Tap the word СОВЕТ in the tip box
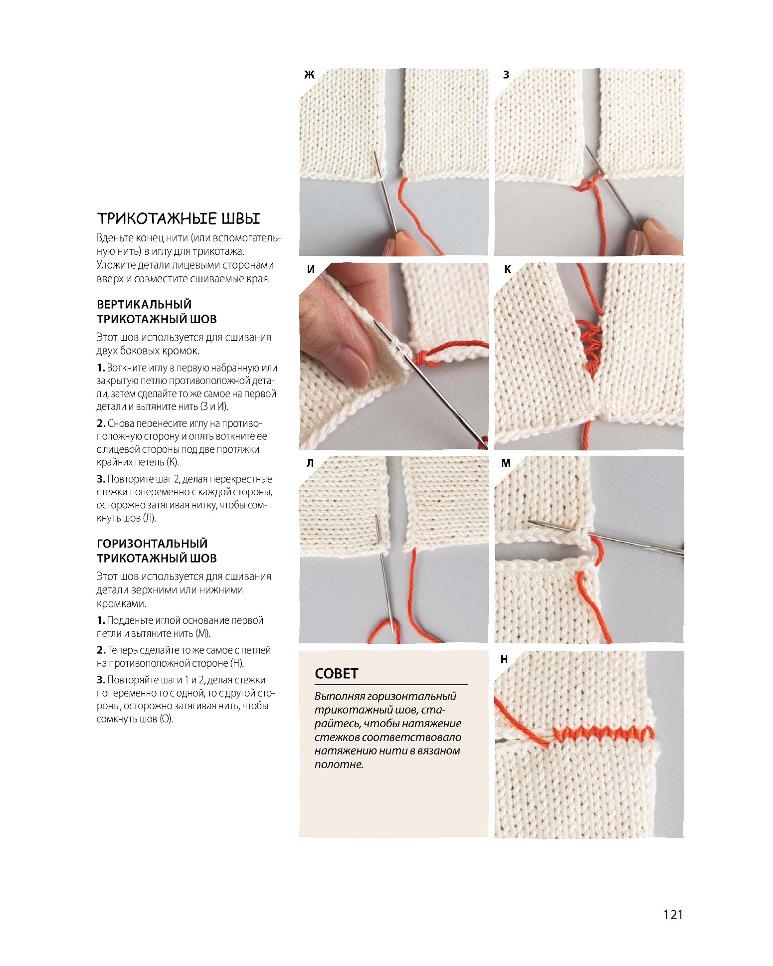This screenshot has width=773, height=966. (x=337, y=674)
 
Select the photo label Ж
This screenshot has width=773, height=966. (x=309, y=75)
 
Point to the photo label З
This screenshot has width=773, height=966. (x=506, y=75)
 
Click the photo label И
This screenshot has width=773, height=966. (x=311, y=269)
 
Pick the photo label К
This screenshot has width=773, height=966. (x=507, y=269)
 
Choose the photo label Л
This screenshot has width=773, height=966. (x=310, y=463)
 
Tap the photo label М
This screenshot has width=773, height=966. (x=506, y=463)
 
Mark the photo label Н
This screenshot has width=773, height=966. (x=504, y=659)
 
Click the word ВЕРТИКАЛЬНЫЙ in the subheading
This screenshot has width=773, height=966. (x=144, y=304)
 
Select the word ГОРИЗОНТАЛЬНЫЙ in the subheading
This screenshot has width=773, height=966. (x=152, y=543)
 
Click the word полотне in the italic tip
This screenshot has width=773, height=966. (x=338, y=764)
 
